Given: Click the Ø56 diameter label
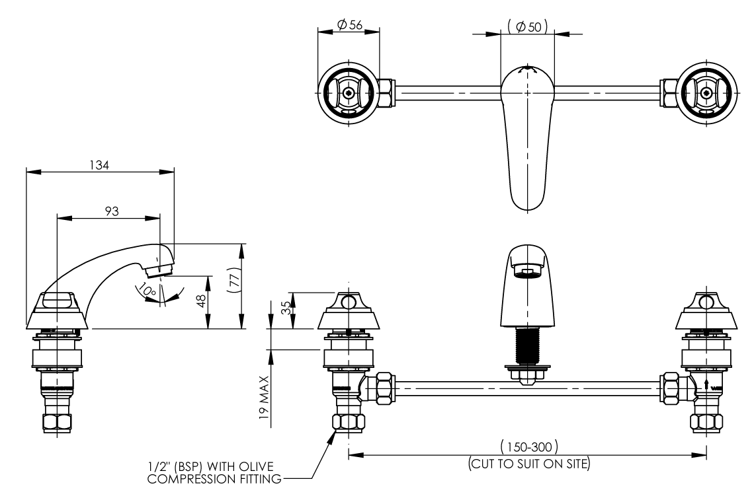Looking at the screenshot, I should pos(349,24).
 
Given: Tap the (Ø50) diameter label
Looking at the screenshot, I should pos(527,26).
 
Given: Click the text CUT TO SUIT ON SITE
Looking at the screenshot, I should pos(528,463).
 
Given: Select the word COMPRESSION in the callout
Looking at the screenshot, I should pos(183,478).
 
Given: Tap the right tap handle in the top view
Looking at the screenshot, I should pos(706,92).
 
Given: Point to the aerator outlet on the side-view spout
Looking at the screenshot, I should pos(159,268).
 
